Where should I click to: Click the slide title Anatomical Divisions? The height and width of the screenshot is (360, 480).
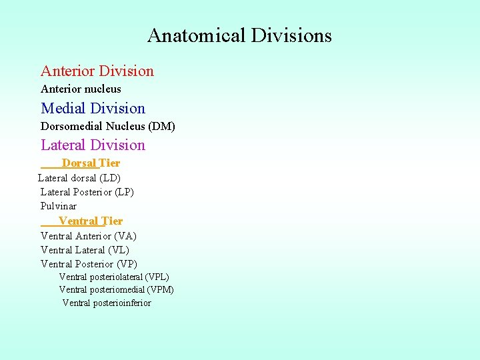[x=239, y=35]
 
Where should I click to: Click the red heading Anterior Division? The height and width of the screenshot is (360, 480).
[x=97, y=71]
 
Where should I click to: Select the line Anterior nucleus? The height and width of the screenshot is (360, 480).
[x=81, y=89]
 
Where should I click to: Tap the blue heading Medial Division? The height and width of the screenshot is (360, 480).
[x=93, y=109]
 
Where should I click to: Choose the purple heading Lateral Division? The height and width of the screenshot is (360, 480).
[x=93, y=145]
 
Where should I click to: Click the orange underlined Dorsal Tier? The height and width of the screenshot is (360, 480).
[x=91, y=163]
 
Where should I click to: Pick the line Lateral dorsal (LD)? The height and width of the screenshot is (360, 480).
[x=79, y=178]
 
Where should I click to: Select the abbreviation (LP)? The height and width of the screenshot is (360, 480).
[x=125, y=192]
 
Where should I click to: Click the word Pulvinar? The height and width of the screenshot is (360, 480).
[x=59, y=206]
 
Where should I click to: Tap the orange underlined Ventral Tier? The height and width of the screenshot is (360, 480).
[x=91, y=221]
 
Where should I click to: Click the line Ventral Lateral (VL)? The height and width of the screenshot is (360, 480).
[x=85, y=250]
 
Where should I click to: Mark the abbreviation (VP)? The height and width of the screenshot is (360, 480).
[x=127, y=264]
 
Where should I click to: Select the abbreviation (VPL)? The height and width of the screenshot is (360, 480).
[x=157, y=277]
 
